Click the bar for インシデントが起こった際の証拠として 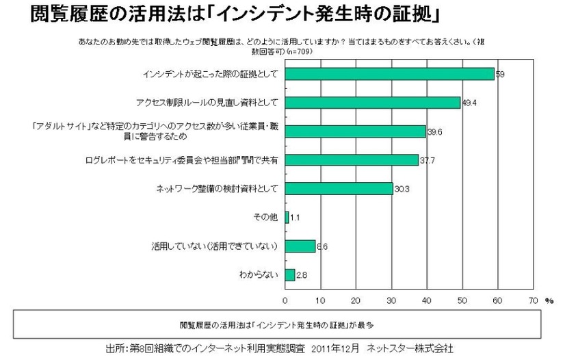point(389,74)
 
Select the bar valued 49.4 point(372,103)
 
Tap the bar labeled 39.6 point(355,131)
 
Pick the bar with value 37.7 point(352,159)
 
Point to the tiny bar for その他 point(287,217)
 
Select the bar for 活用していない point(300,246)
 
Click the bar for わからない point(290,274)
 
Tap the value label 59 point(500,75)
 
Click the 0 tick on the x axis point(285,300)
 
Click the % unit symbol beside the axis point(549,300)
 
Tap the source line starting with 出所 point(281,348)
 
